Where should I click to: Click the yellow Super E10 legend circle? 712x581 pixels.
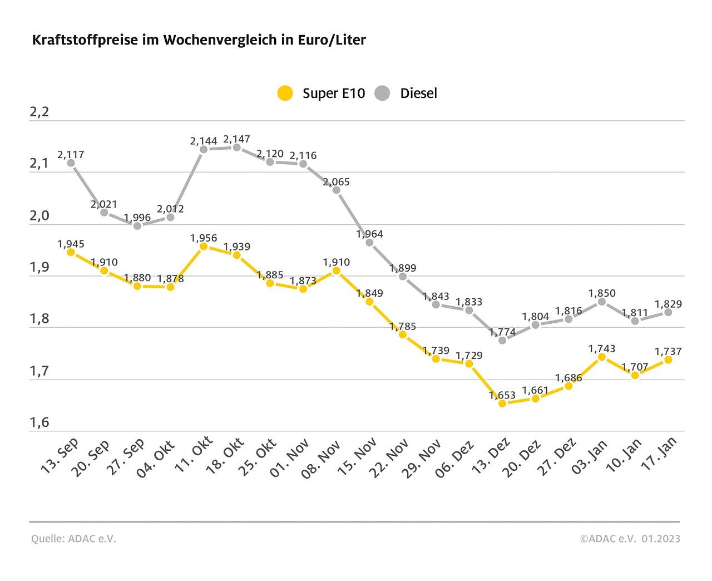(285, 93)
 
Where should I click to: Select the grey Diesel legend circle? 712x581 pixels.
(383, 93)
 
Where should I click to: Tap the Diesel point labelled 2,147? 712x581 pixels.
(236, 147)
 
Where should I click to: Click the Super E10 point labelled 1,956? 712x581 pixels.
(204, 247)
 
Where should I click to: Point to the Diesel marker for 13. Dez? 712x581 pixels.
(502, 340)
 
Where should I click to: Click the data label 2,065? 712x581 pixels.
(337, 182)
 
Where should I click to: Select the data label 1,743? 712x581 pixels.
(602, 349)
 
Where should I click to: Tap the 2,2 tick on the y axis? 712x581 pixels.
(39, 112)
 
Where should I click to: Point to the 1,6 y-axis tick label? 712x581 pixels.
(39, 422)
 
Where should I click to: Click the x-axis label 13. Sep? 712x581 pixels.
(60, 456)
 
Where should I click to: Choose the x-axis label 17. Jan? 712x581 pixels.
(660, 455)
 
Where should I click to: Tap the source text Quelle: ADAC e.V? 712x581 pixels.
(73, 539)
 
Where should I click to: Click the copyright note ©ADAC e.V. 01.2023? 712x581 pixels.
(630, 539)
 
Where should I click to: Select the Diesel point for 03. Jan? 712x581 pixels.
(602, 302)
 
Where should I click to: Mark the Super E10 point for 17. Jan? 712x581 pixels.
(668, 360)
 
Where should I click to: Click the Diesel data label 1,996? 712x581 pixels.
(137, 218)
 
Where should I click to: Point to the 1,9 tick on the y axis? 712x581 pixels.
(39, 267)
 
